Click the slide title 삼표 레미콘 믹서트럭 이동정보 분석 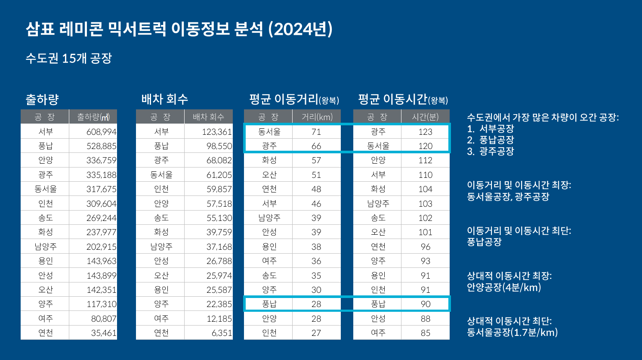pos(179,29)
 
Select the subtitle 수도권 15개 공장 pos(69,58)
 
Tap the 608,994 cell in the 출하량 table pos(101,132)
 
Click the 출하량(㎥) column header pos(93,117)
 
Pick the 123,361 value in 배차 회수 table pos(217,132)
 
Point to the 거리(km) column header pos(317,117)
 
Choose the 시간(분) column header pos(425,117)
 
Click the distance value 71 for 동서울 pos(316,132)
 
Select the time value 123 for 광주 pos(425,132)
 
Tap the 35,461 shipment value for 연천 pos(103,333)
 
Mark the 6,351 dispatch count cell pos(222,333)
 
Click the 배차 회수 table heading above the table pos(165,99)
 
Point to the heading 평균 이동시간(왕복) pos(403,99)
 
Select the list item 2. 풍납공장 pos(491,140)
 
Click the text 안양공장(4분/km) pos(504,287)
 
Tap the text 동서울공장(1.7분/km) pos(512,332)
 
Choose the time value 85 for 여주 pos(425,333)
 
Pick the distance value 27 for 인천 pos(316,333)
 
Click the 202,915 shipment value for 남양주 pos(101,247)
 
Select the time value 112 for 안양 pos(425,160)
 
